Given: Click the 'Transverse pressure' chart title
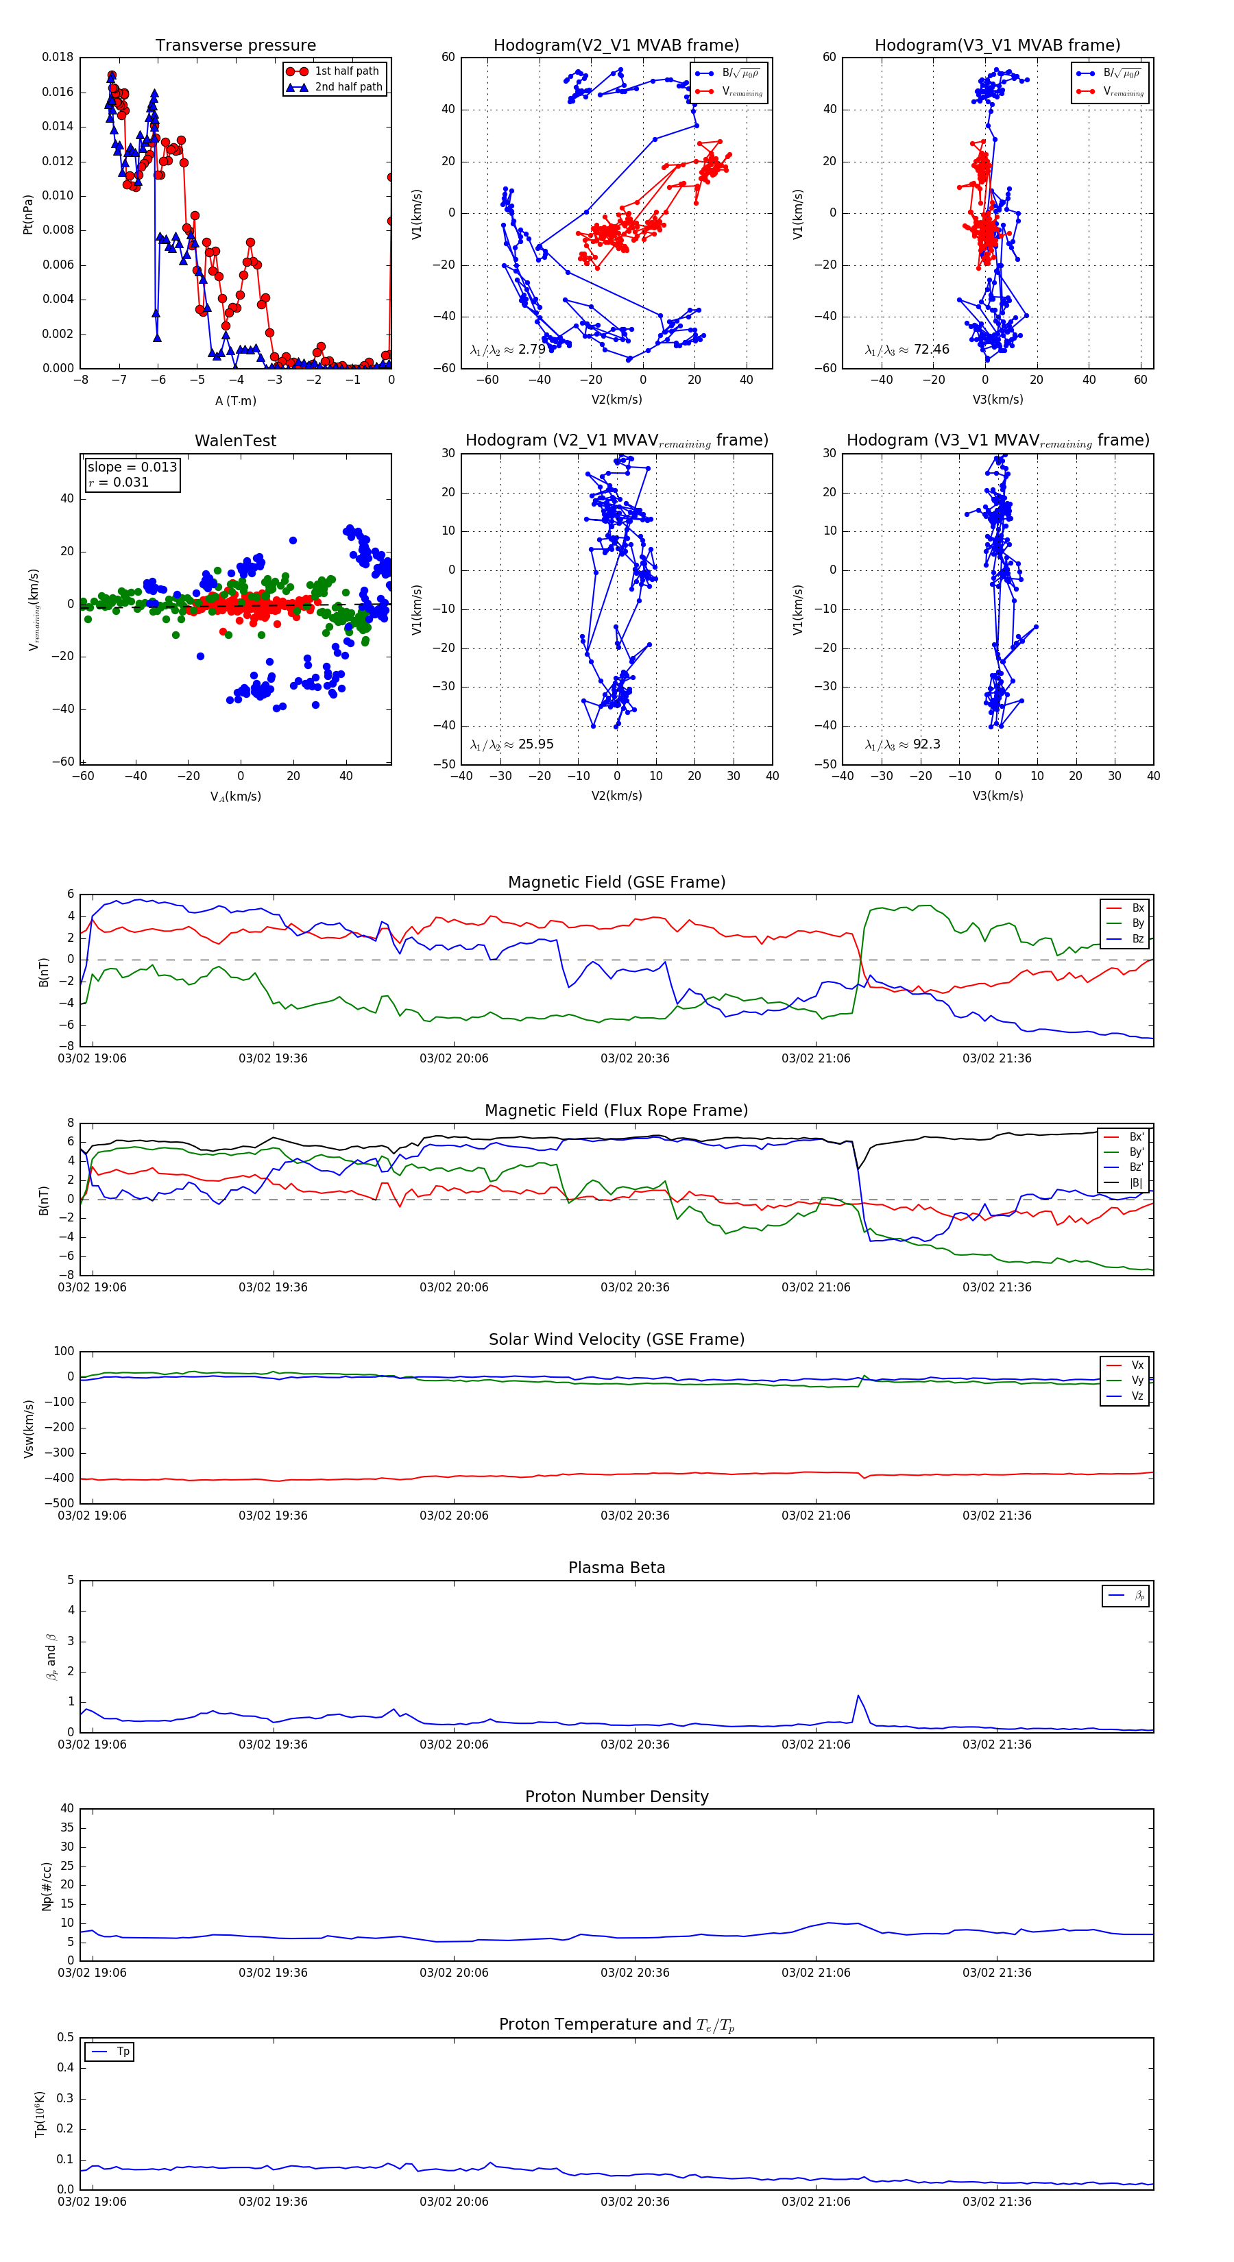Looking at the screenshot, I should click(235, 46).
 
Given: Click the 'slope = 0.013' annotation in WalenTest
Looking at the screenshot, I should click(132, 467).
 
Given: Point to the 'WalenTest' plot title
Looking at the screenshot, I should click(235, 441).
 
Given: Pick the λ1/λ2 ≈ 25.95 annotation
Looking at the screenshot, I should click(511, 744).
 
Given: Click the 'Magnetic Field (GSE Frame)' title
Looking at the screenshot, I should click(616, 882).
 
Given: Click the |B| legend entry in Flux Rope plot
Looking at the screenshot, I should click(1135, 1184).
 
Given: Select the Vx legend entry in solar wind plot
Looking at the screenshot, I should click(1137, 1365).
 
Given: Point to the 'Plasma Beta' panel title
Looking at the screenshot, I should click(616, 1568).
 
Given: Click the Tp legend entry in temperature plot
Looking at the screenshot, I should click(122, 2052).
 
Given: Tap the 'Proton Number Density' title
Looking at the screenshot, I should click(616, 1797).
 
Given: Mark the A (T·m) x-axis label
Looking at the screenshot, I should click(235, 401).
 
